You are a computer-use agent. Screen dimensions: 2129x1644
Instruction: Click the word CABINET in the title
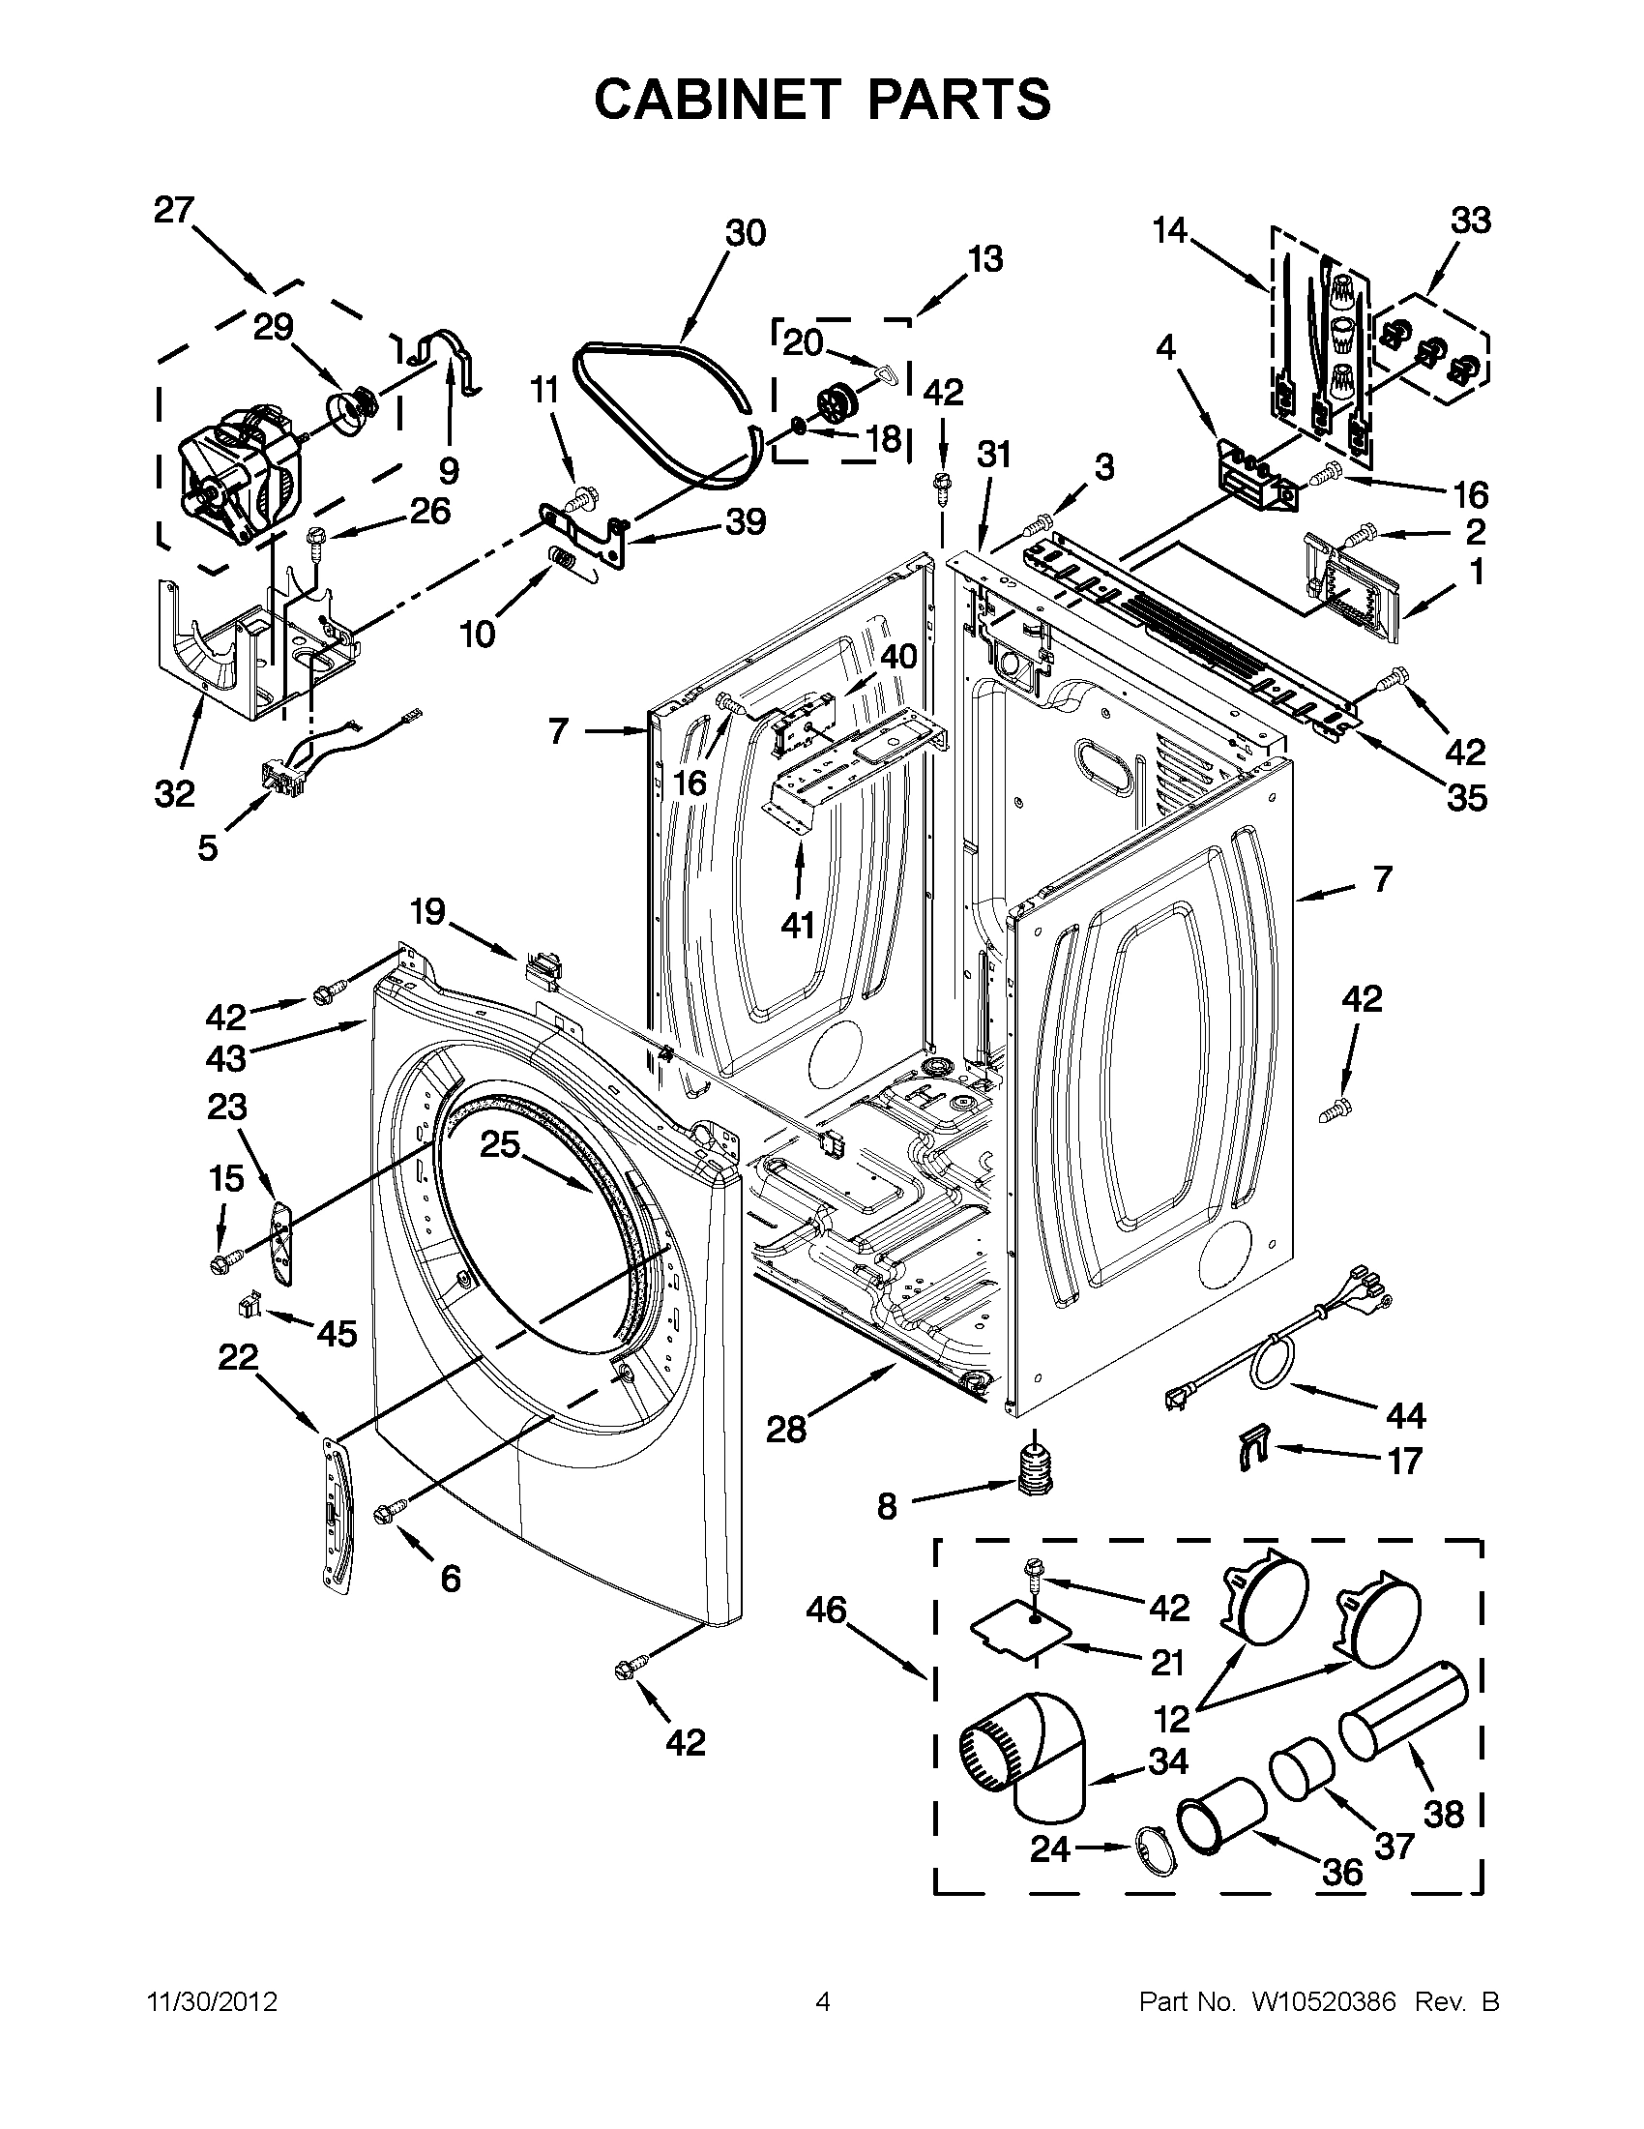[x=718, y=100]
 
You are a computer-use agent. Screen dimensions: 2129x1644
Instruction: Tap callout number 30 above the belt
[x=746, y=234]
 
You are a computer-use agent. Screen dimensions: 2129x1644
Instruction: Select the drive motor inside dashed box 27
[x=239, y=473]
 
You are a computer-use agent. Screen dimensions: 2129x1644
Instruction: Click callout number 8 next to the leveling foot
[x=886, y=1507]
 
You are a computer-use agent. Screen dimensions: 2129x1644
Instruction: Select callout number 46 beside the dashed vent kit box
[x=826, y=1611]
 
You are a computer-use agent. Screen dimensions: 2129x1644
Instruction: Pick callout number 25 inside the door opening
[x=500, y=1144]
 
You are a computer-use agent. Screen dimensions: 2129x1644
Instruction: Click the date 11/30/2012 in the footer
[x=212, y=2002]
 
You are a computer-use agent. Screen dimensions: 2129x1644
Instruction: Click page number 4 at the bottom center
[x=823, y=2002]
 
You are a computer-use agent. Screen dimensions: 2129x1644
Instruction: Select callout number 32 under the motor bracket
[x=175, y=794]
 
